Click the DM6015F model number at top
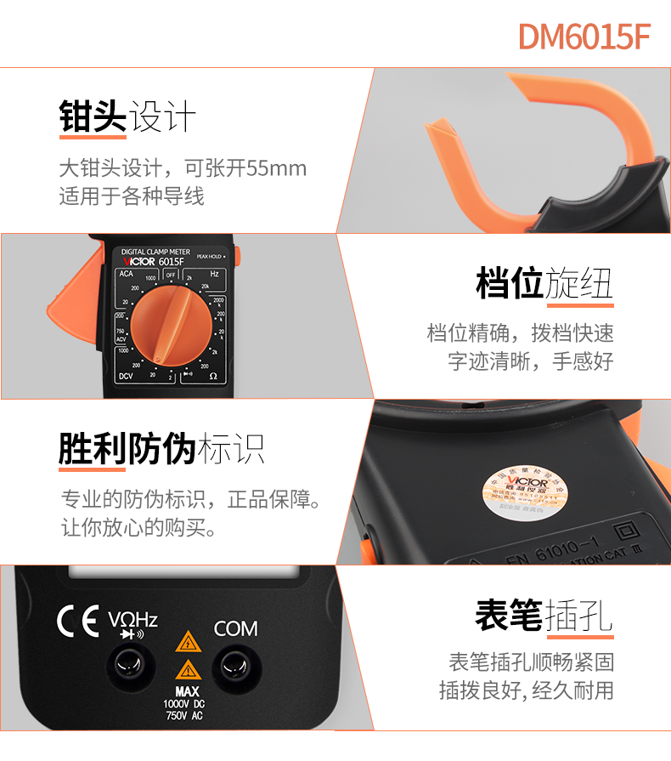click(584, 36)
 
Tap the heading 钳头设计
click(127, 117)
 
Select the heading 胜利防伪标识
click(161, 447)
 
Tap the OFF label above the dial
click(171, 275)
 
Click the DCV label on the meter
click(127, 375)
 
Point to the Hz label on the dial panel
click(215, 274)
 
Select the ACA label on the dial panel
click(126, 274)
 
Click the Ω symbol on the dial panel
click(213, 375)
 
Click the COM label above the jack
click(235, 629)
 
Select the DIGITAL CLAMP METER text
click(155, 252)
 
